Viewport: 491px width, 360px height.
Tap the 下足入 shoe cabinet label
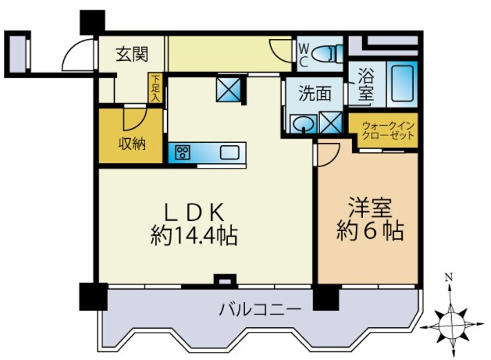[156, 88]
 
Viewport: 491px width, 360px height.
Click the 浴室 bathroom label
[365, 84]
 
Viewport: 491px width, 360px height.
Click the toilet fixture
[330, 55]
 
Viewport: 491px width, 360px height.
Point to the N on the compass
[448, 277]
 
